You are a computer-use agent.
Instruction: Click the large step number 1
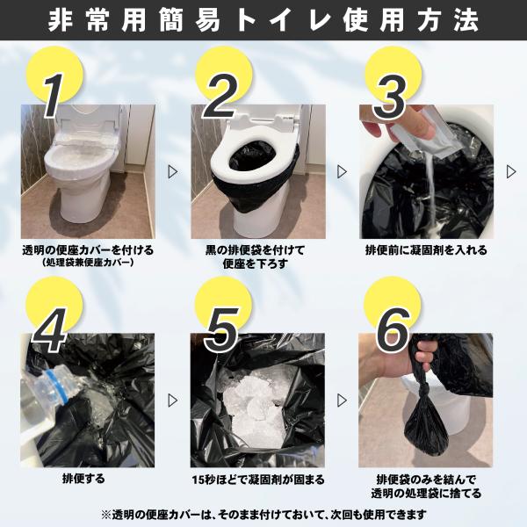pos(53,96)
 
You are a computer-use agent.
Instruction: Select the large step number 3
pos(389,97)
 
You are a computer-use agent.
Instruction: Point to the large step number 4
pos(50,330)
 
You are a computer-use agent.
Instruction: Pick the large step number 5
pos(222,331)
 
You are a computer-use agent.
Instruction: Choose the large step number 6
pos(393,330)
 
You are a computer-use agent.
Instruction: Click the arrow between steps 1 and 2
pos(173,172)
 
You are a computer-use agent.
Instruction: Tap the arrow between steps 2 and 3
pos(342,172)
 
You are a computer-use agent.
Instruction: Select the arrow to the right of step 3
pos(511,172)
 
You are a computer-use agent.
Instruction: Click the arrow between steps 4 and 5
pos(173,401)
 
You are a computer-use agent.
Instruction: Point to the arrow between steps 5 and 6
pos(342,401)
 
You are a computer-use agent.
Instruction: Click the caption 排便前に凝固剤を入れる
pos(426,250)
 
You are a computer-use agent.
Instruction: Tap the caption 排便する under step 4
pos(83,479)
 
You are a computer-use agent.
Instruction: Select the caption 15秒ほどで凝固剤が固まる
pos(258,480)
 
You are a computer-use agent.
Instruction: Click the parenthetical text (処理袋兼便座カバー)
pos(88,263)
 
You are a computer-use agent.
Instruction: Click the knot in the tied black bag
pos(423,391)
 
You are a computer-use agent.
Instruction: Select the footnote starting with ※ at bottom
pos(263,514)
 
